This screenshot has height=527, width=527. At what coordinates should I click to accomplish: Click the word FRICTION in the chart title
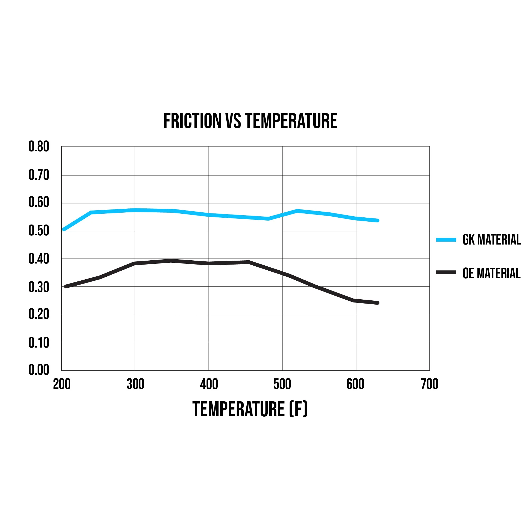pyautogui.click(x=192, y=121)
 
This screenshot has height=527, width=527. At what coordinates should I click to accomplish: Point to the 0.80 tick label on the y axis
pyautogui.click(x=39, y=147)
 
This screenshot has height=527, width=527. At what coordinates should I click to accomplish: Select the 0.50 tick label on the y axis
pyautogui.click(x=39, y=231)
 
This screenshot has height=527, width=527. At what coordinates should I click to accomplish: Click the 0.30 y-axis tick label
pyautogui.click(x=39, y=287)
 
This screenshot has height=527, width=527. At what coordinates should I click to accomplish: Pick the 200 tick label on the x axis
pyautogui.click(x=62, y=384)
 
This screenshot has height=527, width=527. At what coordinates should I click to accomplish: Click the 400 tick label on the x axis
pyautogui.click(x=209, y=384)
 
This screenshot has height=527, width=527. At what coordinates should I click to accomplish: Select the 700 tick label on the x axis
pyautogui.click(x=429, y=384)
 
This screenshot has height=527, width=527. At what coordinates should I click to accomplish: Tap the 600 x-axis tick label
pyautogui.click(x=355, y=384)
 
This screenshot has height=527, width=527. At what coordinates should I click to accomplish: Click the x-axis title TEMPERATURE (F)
pyautogui.click(x=250, y=409)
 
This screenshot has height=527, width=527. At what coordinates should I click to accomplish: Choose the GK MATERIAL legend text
pyautogui.click(x=491, y=240)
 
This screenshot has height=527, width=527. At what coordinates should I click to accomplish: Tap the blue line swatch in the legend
pyautogui.click(x=446, y=240)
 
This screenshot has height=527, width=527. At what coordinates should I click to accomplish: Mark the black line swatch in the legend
pyautogui.click(x=446, y=272)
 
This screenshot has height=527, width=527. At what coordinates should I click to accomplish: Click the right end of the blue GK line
pyautogui.click(x=378, y=220)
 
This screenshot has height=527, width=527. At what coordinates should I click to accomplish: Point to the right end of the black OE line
pyautogui.click(x=378, y=303)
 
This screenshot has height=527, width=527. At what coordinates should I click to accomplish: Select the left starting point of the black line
pyautogui.click(x=66, y=286)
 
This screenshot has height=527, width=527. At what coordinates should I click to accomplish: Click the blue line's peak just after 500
pyautogui.click(x=297, y=211)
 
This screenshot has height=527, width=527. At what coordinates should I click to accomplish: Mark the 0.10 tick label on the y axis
pyautogui.click(x=39, y=342)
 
